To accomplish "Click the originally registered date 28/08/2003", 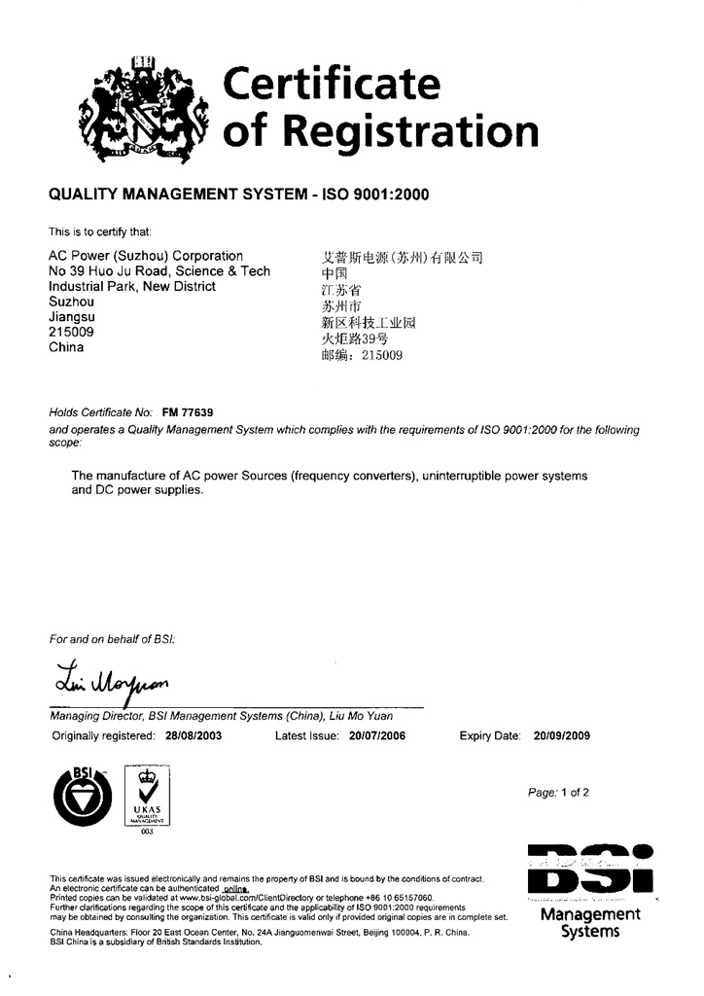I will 194,735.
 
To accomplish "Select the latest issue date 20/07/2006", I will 376,735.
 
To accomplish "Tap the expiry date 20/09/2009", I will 562,735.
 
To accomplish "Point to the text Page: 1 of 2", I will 558,793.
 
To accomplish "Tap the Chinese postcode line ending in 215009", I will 361,356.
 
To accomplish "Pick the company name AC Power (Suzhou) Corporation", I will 146,256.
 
